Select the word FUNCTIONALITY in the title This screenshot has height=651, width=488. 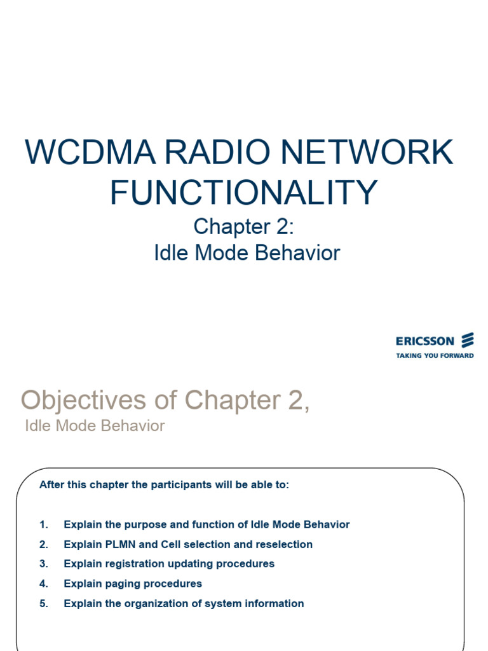tap(243, 192)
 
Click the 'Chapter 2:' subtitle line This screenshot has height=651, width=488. tap(244, 226)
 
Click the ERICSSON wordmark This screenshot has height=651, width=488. tap(425, 341)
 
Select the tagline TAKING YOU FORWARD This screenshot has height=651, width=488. tap(435, 355)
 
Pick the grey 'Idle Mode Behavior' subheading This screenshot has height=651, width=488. tap(95, 426)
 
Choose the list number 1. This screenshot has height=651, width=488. tap(43, 524)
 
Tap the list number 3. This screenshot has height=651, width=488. tap(43, 564)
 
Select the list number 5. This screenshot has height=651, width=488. tap(43, 603)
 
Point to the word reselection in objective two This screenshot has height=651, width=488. tap(284, 544)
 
